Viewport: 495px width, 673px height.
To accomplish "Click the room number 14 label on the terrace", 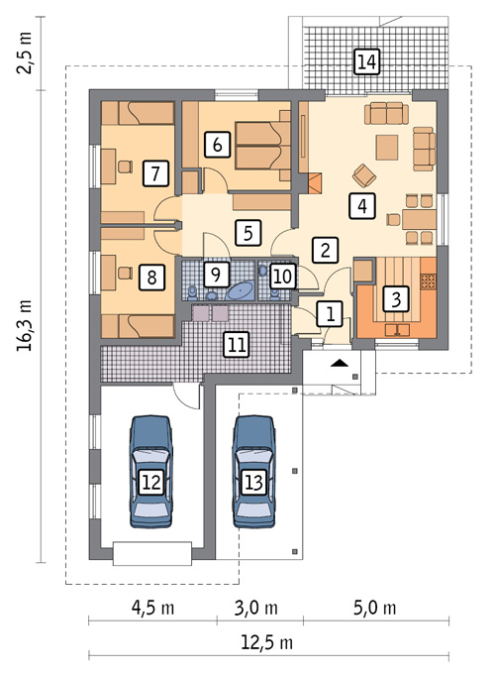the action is coord(366,61).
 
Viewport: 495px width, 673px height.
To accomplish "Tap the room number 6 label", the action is coord(217,145).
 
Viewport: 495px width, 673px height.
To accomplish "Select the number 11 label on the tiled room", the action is coord(237,344).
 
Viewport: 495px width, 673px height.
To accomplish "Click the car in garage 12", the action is coord(151,471).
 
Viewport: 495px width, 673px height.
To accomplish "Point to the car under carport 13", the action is coord(253,471).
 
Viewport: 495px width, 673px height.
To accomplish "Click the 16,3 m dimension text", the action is coord(25,325).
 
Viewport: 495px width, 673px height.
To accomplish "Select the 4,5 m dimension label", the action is coord(153,608).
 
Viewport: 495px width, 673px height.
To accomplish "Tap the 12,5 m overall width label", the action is coord(267,643).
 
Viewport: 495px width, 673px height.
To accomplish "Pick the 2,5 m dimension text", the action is coord(25,53).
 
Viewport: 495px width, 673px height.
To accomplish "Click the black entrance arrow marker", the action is coord(340,363).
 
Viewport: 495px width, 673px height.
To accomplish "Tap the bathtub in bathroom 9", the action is coord(240,291).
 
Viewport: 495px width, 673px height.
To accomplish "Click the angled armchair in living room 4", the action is coord(364,175).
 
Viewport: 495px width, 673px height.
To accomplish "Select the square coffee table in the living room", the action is coord(387,148).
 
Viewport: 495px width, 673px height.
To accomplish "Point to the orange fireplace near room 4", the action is coord(315,182).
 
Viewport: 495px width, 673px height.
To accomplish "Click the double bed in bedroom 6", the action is coord(263,145).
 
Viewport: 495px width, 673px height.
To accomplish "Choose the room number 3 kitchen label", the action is coord(396,298).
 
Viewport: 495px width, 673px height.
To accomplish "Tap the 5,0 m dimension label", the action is coord(375,608).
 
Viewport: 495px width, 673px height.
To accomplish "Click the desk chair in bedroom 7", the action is coord(125,167).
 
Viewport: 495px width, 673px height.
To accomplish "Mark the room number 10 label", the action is coord(282,276).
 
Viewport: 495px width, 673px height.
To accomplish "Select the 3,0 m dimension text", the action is coord(256,608).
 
